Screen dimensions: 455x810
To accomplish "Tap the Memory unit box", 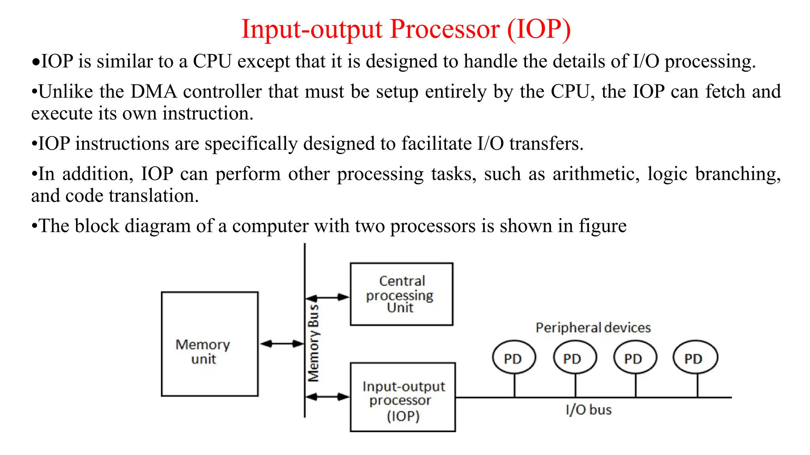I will coord(210,344).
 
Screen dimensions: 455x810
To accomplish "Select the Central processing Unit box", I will coord(401,294).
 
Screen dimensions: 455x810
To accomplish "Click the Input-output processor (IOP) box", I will coord(403,397).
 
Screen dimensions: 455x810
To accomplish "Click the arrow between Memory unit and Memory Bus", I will coord(282,344).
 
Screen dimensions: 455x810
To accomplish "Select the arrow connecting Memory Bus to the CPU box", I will coord(327,297).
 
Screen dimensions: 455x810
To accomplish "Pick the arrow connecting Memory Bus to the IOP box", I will coord(327,397).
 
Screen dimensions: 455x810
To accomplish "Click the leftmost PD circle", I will coord(513,357).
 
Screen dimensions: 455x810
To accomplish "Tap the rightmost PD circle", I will coord(695,357).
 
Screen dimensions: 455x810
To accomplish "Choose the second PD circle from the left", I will coord(574,357).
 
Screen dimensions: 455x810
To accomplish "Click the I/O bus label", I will coord(589,410).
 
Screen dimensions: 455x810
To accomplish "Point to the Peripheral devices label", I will coord(593,328).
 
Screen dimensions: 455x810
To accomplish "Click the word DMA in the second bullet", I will coord(153,92).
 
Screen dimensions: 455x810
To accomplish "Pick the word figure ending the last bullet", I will coord(602,226).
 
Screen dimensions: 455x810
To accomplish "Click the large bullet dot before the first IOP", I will coord(36,62).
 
